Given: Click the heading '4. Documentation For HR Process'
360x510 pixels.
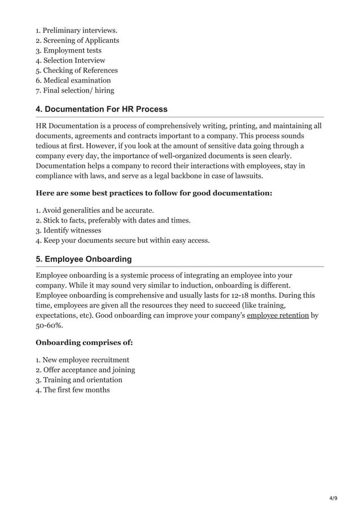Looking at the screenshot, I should (102, 109).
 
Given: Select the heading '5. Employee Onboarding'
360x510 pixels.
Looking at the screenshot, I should (84, 259).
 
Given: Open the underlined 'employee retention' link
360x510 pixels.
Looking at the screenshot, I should (278, 315).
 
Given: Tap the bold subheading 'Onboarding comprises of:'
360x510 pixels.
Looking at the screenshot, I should (85, 342).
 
